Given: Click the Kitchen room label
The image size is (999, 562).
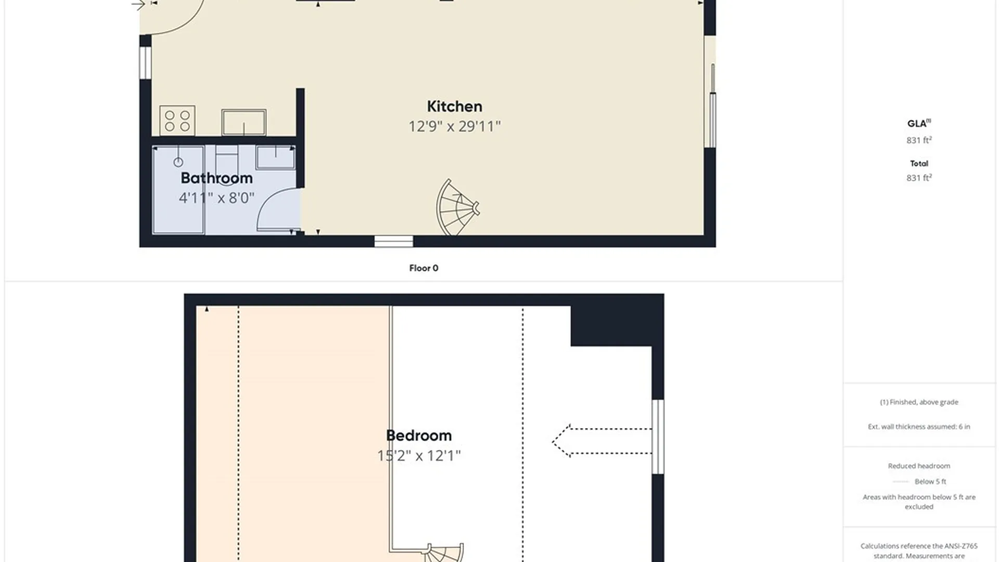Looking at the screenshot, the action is point(454,106).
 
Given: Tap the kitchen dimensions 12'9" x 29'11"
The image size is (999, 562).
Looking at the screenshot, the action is point(454,126).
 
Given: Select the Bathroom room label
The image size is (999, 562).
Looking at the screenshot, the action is point(216,178).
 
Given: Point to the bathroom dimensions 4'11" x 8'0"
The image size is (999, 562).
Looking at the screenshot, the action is point(216,198).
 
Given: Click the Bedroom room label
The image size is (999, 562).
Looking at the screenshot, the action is point(419,436).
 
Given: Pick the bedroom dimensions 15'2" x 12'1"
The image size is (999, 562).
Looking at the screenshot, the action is point(419,456).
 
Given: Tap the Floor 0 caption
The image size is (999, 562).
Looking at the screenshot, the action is point(424,268).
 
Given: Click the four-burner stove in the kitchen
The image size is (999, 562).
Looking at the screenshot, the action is point(177,120).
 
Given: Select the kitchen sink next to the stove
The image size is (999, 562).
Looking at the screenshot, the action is point(244,122).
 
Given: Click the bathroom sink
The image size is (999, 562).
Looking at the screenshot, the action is point(275,157).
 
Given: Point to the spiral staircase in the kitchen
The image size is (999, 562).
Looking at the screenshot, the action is point(457,208).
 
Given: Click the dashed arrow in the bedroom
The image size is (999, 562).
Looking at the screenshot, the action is point(602,441).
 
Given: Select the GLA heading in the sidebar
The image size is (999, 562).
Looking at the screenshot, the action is point(919,123).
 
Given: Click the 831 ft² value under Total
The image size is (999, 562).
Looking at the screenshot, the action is point(919,177).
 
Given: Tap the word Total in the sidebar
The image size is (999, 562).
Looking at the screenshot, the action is point(919,163).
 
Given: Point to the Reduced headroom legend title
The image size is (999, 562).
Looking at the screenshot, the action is point(919,466).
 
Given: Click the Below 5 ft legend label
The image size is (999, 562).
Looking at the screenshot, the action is point(930,481).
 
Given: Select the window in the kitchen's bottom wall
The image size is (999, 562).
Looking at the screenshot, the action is point(394,241).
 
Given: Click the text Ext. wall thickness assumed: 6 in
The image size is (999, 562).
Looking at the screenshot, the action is point(919,427).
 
